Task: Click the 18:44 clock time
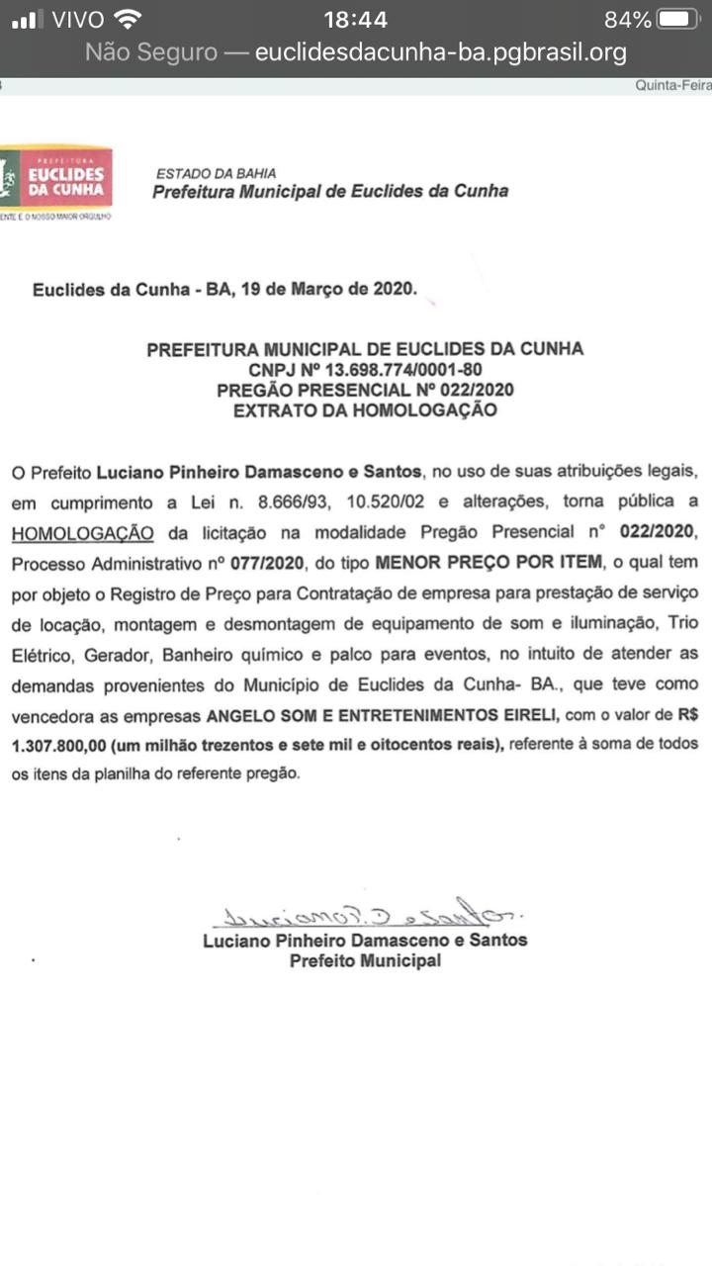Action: (x=356, y=20)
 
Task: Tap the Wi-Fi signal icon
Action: (x=128, y=19)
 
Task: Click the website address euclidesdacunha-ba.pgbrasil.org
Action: (x=441, y=52)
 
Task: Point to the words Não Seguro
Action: (x=151, y=52)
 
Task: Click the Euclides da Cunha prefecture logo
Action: (x=57, y=179)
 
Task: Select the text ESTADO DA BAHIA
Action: (x=217, y=173)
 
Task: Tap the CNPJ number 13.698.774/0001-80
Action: (x=396, y=370)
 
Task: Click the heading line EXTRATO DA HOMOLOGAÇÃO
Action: (x=365, y=410)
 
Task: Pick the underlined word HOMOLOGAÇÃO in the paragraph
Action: (x=83, y=534)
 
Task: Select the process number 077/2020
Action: (x=262, y=564)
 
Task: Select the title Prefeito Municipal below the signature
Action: (x=365, y=960)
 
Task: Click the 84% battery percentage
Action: (x=628, y=20)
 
